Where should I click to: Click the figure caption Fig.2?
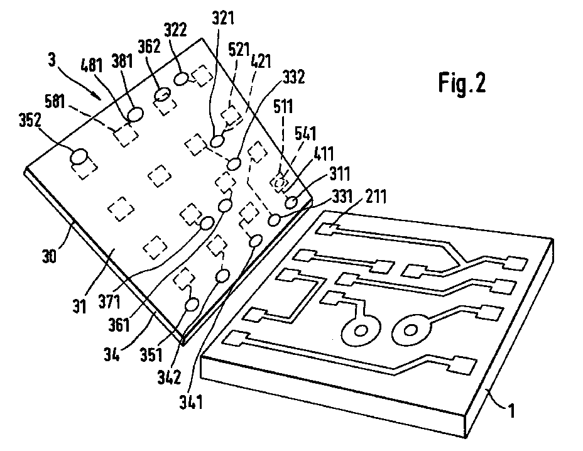click(461, 84)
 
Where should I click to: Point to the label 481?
click(93, 66)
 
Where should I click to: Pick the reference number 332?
click(293, 77)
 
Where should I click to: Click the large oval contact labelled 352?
click(80, 156)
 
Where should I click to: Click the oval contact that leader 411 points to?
click(291, 202)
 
